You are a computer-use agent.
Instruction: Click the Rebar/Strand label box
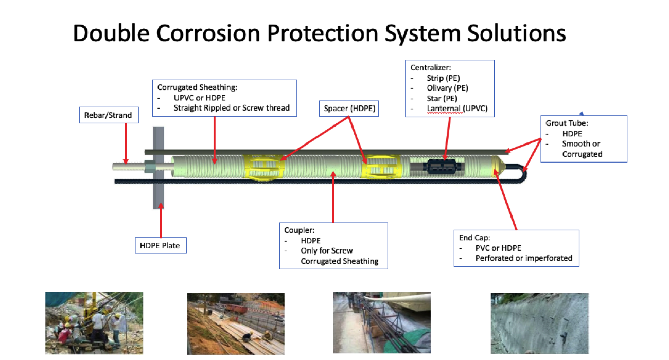point(108,115)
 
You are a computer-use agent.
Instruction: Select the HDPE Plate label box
point(160,245)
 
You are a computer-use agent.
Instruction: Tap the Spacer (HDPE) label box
point(349,109)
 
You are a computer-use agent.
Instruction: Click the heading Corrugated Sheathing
point(197,87)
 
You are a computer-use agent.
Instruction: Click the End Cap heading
point(475,238)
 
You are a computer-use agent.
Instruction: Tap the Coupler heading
point(300,230)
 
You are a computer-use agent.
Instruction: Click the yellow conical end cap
point(497,166)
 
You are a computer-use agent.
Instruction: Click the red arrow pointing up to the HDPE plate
point(161,221)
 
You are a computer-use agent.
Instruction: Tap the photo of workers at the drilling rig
point(94,323)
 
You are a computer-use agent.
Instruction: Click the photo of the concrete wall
point(539,323)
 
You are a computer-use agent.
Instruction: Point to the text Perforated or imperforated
point(523,258)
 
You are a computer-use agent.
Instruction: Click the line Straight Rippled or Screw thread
point(232,108)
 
